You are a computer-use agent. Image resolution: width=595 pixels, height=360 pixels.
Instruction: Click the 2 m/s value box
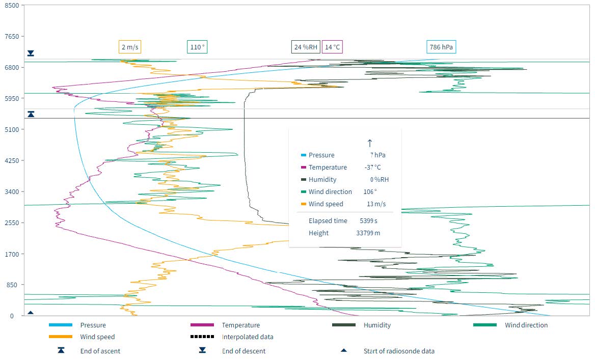(x=129, y=47)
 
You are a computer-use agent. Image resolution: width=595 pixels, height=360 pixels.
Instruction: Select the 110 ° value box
(x=197, y=47)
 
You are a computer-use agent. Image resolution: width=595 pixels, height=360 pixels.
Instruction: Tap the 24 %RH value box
(x=306, y=47)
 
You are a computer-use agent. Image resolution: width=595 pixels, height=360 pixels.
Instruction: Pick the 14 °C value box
(x=332, y=47)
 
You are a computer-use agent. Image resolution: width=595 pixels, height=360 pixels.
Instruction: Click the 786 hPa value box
(x=441, y=47)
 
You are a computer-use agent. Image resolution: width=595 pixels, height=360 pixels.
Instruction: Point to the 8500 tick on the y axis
(x=12, y=5)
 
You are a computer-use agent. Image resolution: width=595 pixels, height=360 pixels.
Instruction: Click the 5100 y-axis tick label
(x=12, y=129)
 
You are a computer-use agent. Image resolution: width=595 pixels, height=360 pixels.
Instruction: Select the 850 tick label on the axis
(x=13, y=285)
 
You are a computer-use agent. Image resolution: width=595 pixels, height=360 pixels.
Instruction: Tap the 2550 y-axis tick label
(x=12, y=223)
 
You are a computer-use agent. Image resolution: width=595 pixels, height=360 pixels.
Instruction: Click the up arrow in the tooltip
(x=370, y=143)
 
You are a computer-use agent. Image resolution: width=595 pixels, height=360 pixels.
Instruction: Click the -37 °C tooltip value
(x=373, y=168)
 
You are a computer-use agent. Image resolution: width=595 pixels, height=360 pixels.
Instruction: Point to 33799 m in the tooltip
(x=368, y=233)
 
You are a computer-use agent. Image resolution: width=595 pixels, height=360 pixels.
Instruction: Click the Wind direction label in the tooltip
(x=330, y=192)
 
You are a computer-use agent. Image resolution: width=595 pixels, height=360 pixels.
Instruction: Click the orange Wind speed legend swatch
(x=61, y=337)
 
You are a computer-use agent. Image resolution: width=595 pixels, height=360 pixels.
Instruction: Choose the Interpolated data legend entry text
(x=248, y=337)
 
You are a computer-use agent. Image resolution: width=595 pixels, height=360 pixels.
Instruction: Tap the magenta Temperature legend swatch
(x=202, y=325)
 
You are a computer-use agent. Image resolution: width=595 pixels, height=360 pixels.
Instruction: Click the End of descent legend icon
(x=202, y=350)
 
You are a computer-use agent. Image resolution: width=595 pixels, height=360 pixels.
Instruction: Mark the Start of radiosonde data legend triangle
(x=344, y=350)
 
